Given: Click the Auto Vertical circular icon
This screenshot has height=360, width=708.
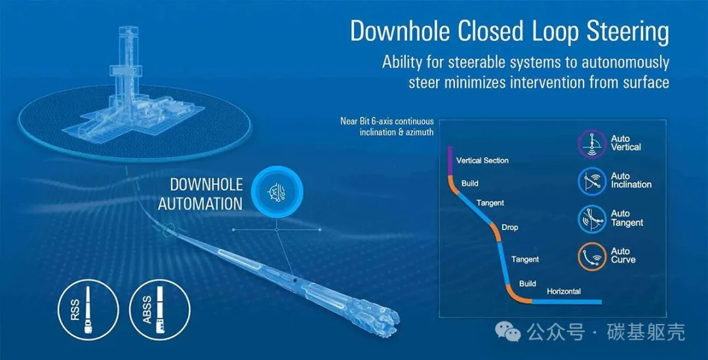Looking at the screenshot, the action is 591,144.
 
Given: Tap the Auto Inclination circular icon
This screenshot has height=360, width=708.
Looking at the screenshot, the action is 591,182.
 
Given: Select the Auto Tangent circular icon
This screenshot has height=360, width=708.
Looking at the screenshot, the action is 591,219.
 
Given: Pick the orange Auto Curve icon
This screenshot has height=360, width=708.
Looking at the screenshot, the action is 591,256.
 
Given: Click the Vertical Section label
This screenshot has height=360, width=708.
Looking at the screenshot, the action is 482,161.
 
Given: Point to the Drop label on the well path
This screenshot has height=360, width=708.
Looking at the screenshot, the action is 509,228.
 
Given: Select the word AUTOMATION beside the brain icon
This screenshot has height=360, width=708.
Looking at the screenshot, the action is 201,204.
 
